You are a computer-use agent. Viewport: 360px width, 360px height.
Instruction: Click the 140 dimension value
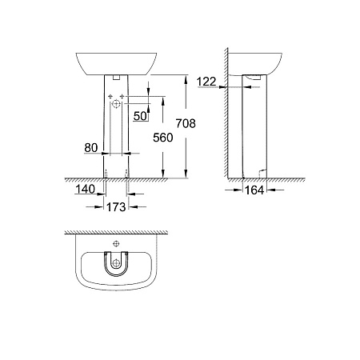point(86,190)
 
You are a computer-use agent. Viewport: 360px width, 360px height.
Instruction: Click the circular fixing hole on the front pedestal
point(116,104)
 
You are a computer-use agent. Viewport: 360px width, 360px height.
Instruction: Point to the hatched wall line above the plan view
point(116,233)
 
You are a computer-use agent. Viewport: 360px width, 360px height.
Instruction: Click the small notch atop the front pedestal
point(117,77)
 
